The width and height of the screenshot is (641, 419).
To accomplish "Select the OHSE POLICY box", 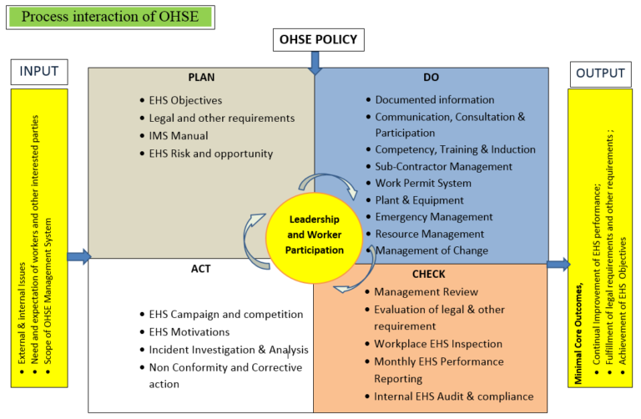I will (317, 39).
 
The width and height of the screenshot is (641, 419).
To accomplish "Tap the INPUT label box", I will (39, 72).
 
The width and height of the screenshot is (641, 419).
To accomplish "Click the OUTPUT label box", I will (600, 73).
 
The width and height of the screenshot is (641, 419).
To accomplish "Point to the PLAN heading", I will (201, 78).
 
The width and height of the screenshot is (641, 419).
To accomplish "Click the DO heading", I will (431, 78).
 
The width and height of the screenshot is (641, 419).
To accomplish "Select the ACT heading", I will (201, 269).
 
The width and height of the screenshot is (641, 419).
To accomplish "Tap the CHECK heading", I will (428, 274).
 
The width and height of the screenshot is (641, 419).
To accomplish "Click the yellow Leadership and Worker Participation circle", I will (316, 238).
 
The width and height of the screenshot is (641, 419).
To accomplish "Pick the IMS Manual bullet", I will (179, 135).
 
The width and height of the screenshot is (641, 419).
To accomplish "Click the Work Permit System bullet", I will (423, 183).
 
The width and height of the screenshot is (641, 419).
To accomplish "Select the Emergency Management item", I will (434, 217).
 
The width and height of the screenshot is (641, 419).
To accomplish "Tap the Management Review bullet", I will (426, 292).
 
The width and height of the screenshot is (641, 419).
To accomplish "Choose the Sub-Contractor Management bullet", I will (443, 166).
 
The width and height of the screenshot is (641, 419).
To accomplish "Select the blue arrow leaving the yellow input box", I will (78, 256).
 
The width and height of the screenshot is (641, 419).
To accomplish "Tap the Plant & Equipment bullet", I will (419, 200).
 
